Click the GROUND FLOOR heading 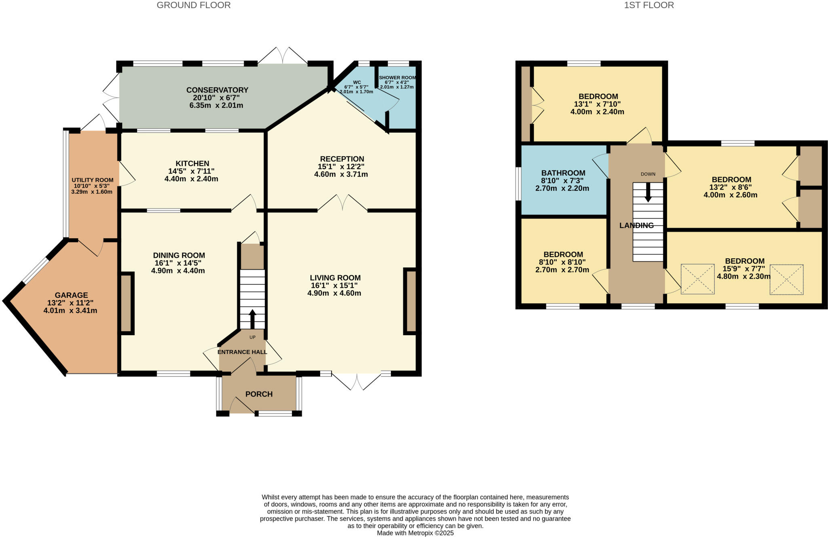click(x=194, y=5)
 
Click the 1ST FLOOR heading click(x=648, y=5)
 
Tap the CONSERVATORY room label click(x=217, y=90)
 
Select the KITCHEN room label click(x=192, y=163)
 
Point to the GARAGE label click(x=71, y=295)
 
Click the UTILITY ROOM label click(x=93, y=180)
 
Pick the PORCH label click(x=259, y=394)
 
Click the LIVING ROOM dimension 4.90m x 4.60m click(x=334, y=293)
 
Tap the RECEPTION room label click(x=342, y=159)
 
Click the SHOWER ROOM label click(x=397, y=77)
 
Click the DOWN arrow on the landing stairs click(x=648, y=193)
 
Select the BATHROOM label click(x=563, y=173)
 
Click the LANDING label click(x=636, y=226)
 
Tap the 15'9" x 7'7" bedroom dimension click(x=744, y=269)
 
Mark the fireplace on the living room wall click(x=410, y=301)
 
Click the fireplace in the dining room click(x=127, y=303)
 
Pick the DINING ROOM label click(x=179, y=255)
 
